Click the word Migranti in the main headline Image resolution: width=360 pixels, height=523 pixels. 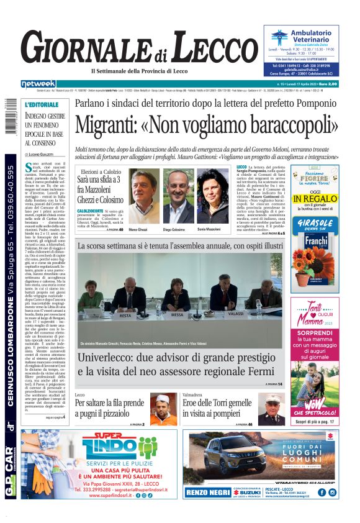[115, 125]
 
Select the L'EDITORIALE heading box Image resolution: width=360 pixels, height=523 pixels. [42, 104]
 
